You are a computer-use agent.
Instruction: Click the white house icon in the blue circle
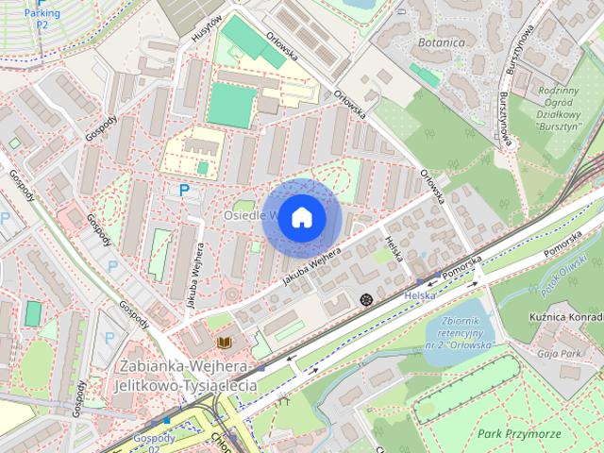300,217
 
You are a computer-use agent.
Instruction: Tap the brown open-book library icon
224,342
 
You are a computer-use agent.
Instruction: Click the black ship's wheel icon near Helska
366,300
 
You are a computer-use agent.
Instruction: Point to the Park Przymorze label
519,433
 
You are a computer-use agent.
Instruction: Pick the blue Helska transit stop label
419,294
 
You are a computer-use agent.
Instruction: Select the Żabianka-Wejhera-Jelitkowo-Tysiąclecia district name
184,376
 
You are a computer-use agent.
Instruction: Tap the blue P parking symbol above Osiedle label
184,192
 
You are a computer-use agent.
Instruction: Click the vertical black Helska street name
394,248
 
